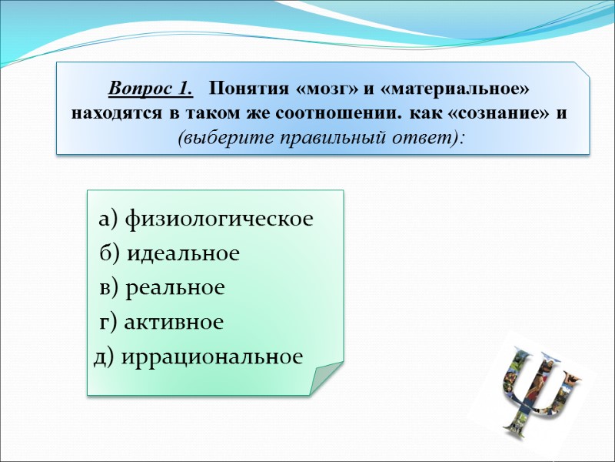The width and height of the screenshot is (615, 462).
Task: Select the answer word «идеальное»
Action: [x=182, y=253]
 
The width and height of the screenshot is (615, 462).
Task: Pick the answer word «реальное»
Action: [x=175, y=288]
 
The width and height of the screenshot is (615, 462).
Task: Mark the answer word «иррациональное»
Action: [x=211, y=357]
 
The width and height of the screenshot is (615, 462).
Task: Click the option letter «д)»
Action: [x=104, y=357]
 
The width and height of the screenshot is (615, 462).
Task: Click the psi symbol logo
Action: [x=538, y=385]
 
